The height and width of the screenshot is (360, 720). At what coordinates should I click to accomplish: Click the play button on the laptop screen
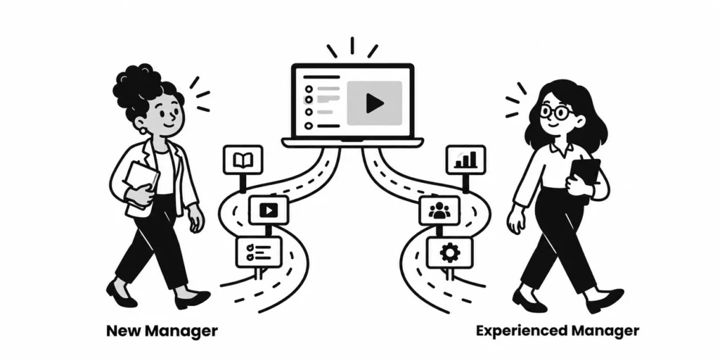(375, 103)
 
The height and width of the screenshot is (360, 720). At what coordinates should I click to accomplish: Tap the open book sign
(243, 160)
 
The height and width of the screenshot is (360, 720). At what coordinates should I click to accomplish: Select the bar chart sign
(465, 160)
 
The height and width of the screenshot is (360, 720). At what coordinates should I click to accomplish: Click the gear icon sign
(449, 252)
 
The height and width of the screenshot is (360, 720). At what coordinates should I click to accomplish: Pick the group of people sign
(439, 210)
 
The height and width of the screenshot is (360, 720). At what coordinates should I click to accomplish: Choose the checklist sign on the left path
(259, 252)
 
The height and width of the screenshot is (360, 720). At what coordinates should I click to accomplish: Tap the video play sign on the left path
(269, 210)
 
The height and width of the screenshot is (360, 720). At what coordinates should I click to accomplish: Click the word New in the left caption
(122, 330)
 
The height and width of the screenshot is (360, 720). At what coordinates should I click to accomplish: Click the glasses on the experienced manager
(556, 112)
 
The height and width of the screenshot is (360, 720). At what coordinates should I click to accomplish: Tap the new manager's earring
(143, 131)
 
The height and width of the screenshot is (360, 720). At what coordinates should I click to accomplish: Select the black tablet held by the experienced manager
(584, 176)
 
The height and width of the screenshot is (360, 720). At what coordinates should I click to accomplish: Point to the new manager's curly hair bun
(138, 83)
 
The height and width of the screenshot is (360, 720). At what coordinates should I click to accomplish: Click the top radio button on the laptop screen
(309, 89)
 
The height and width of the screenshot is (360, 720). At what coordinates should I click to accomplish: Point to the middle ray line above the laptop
(352, 46)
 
